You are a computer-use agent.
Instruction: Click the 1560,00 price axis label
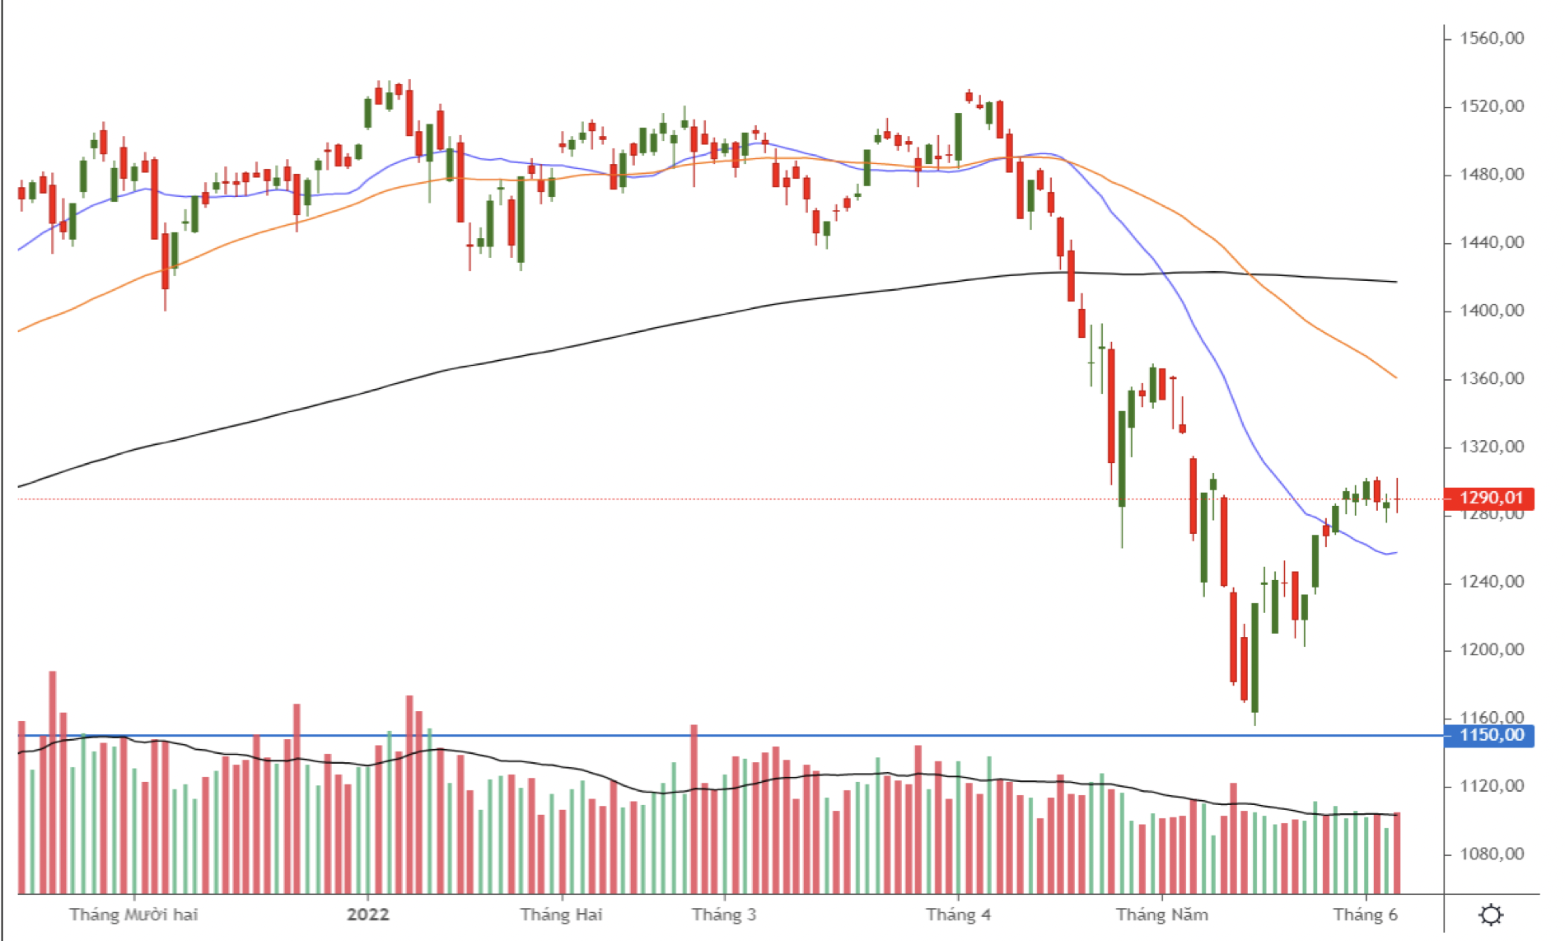point(1491,38)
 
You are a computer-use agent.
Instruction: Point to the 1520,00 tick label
point(1491,106)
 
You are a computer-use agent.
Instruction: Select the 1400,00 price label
point(1491,311)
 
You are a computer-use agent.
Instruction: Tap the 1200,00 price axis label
point(1491,650)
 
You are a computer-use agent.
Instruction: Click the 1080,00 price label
point(1491,854)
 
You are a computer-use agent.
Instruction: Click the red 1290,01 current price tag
point(1489,498)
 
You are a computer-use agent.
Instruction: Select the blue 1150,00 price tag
point(1489,735)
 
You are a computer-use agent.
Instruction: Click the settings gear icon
point(1491,915)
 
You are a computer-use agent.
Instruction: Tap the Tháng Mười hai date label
point(133,915)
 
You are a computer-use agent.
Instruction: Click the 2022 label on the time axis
point(367,915)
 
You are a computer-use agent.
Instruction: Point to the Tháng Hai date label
point(561,915)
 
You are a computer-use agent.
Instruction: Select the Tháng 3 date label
point(723,915)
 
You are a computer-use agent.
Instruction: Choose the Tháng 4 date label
point(958,915)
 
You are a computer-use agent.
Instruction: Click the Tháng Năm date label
point(1161,915)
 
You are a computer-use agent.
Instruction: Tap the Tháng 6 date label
point(1365,915)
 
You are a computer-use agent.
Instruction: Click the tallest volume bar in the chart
point(53,783)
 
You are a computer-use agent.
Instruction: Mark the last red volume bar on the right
point(1397,853)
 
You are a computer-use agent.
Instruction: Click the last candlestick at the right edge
point(1397,498)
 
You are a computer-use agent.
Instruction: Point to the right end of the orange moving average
point(1395,377)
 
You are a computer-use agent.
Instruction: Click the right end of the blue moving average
point(1395,553)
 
